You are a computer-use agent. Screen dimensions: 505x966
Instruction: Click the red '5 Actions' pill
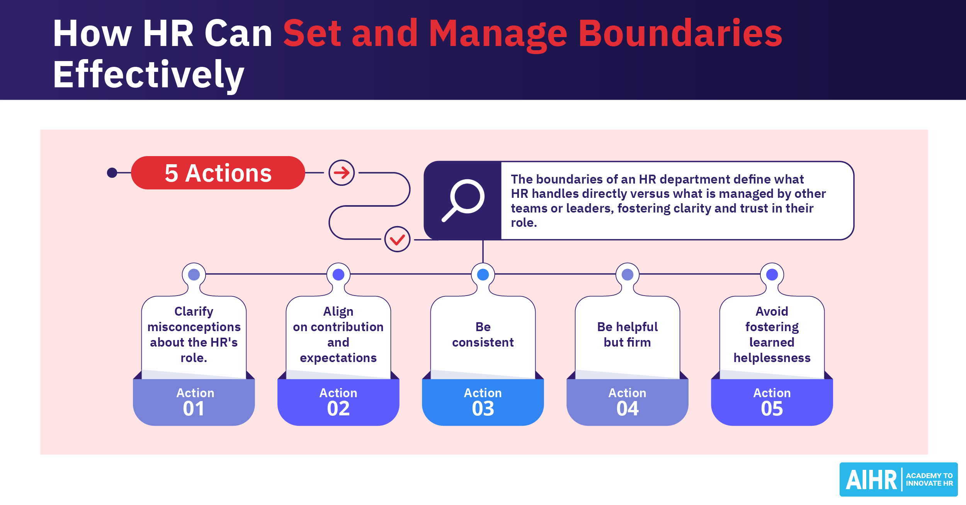[218, 173]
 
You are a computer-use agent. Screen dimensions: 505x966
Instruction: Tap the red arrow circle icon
[342, 173]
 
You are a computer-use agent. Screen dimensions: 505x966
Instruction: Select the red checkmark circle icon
[397, 240]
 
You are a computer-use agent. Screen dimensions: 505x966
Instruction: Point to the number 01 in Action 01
[194, 409]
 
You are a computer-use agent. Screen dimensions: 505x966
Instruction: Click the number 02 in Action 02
[338, 409]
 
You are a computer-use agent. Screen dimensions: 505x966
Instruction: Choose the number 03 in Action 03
[483, 409]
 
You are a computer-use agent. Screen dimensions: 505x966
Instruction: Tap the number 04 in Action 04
[628, 409]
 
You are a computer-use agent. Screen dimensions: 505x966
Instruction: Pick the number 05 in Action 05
[772, 409]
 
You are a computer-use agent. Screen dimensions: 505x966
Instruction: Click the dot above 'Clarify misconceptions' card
[194, 275]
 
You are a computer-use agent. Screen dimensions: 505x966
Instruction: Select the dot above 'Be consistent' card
[483, 275]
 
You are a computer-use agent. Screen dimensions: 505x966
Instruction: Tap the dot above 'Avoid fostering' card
[772, 275]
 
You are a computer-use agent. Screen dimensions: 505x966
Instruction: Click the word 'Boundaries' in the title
[680, 34]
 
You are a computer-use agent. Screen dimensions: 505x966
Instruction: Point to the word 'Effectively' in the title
[149, 75]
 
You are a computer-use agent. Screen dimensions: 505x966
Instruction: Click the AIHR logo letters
[871, 480]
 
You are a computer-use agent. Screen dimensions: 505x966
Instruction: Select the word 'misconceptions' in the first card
[194, 327]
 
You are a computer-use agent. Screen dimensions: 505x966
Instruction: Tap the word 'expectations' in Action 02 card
[338, 358]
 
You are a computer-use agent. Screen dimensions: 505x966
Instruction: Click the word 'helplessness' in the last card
[772, 358]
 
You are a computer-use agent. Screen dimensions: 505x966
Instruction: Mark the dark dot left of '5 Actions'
[112, 173]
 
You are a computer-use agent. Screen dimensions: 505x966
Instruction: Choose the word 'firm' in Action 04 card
[639, 343]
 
